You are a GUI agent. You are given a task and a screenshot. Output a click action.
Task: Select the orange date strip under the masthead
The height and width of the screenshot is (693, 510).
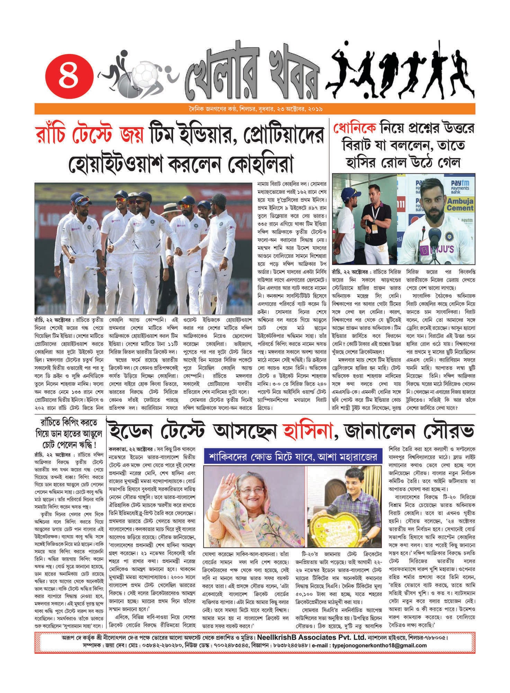point(254,109)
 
